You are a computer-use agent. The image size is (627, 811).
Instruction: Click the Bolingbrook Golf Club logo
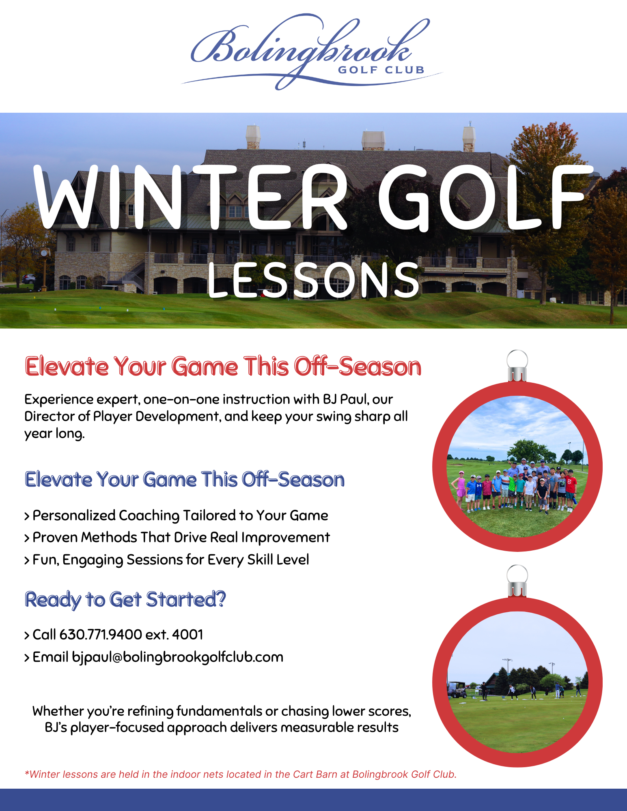[x=312, y=52]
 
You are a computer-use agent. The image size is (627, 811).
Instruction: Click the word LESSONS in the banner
[x=314, y=280]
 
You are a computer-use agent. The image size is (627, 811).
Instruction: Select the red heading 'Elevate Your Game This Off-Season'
[x=223, y=367]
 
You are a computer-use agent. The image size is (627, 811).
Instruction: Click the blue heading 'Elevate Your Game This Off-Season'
[x=185, y=479]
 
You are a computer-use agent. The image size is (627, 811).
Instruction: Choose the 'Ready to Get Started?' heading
[x=125, y=600]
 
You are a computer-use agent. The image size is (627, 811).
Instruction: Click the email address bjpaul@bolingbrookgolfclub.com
[x=178, y=657]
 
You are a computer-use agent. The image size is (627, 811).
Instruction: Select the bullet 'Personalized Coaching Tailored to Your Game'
[x=176, y=515]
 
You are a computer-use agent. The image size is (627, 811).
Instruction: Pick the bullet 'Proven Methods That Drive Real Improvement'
[x=177, y=537]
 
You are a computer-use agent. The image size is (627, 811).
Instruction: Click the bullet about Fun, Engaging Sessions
[x=167, y=560]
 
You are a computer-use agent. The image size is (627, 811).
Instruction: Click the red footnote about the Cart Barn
[x=241, y=774]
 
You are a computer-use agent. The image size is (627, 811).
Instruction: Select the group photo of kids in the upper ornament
[x=517, y=467]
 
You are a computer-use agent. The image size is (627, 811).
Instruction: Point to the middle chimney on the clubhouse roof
[x=373, y=140]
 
